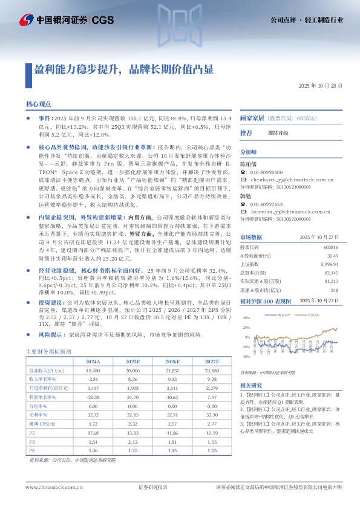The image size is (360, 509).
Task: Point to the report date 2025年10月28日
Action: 321,86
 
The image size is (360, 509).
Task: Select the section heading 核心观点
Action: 38,105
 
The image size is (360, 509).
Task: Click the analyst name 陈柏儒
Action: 248,164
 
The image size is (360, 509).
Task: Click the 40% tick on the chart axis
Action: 247,317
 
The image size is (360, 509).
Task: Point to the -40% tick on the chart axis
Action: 246,356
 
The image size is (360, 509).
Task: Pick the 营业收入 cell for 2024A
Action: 93,369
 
